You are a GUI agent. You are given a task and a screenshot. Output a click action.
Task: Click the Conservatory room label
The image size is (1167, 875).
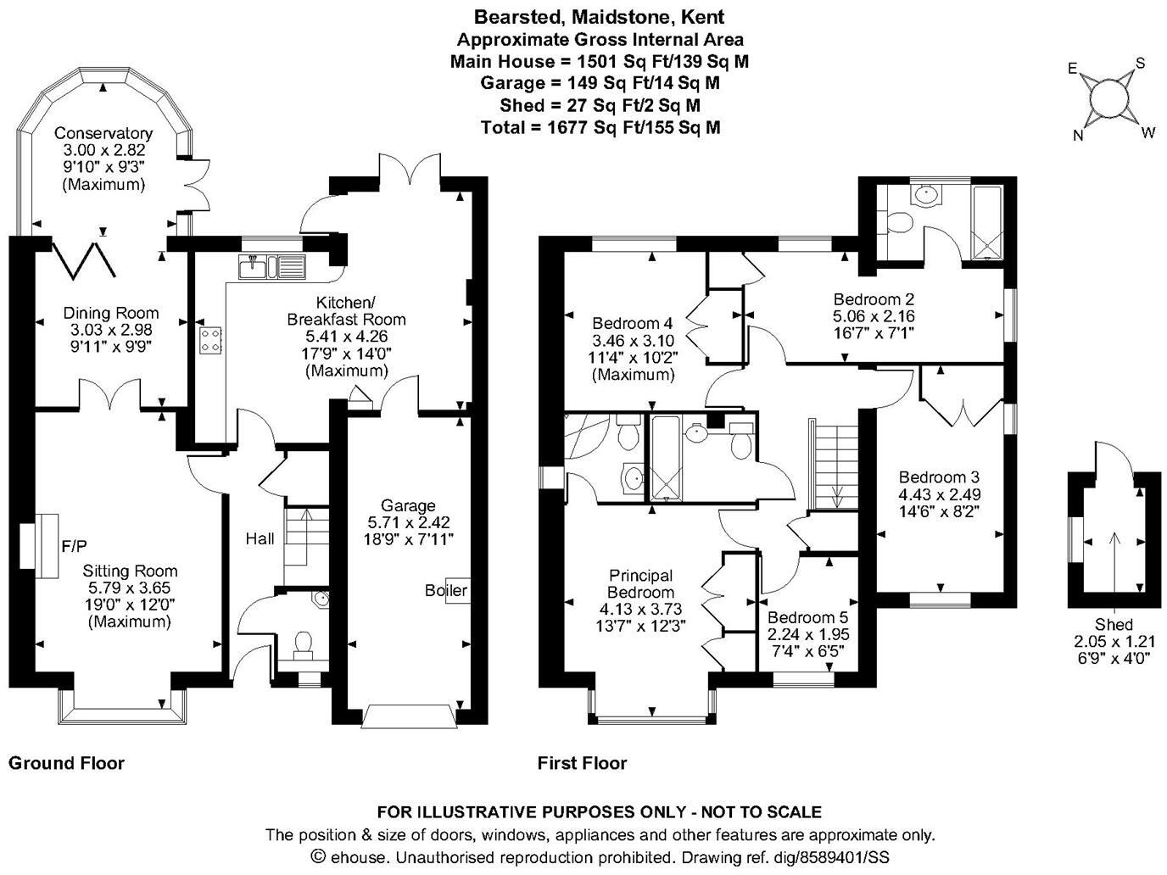tap(103, 133)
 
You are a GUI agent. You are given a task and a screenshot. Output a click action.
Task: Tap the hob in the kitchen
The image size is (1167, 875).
tap(211, 340)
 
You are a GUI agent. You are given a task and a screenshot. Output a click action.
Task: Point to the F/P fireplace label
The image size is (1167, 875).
tap(75, 543)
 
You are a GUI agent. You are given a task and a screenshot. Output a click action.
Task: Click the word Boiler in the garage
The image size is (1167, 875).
tap(446, 590)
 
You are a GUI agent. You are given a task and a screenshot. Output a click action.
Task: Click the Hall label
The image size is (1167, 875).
tap(260, 538)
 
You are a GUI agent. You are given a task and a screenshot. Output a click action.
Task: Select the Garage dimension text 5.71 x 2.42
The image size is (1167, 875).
tap(408, 522)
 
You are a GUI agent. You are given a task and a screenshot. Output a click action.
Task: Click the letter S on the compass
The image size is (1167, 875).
tap(1140, 63)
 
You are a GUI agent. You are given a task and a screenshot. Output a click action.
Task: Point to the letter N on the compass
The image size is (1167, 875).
tap(1079, 135)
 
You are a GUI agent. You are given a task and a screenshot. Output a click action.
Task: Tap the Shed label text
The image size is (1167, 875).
tap(1114, 626)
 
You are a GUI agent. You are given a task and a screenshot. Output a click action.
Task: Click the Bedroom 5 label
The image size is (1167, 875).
tap(807, 618)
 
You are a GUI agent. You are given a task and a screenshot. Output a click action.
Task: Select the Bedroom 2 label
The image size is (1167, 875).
tap(874, 299)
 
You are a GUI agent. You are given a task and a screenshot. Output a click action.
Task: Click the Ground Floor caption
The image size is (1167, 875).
tap(66, 763)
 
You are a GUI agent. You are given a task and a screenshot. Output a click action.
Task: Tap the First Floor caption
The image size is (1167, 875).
tap(582, 763)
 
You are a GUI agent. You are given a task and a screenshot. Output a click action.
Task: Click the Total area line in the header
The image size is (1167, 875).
tap(600, 127)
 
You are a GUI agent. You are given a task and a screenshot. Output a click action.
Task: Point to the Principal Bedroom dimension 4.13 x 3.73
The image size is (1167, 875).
tap(640, 609)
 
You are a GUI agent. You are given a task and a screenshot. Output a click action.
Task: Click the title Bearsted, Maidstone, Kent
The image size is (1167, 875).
tap(600, 17)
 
